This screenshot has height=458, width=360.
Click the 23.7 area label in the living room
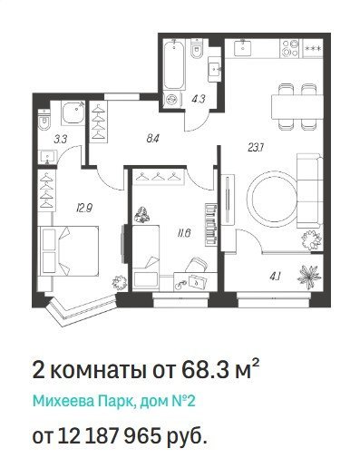pos(256,148)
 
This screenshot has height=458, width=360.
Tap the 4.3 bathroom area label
pos(199,99)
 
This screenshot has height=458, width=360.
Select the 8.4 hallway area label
pos(151,139)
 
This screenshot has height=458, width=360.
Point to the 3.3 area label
pos(60,140)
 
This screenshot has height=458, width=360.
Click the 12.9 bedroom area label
pos(84,208)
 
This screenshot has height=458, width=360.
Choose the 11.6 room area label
pos(183,233)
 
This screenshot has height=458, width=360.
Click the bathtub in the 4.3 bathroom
pos(174,65)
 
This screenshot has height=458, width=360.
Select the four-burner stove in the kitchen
pos(291,48)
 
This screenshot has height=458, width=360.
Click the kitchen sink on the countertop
pos(243,48)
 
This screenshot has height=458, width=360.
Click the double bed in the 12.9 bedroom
pos(69,250)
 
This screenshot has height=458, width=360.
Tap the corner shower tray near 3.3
pos(73,112)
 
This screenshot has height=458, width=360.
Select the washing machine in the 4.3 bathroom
pos(172,99)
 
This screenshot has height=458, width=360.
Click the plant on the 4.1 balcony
pos(308,274)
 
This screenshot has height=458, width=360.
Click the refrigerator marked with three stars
pos(313,48)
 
